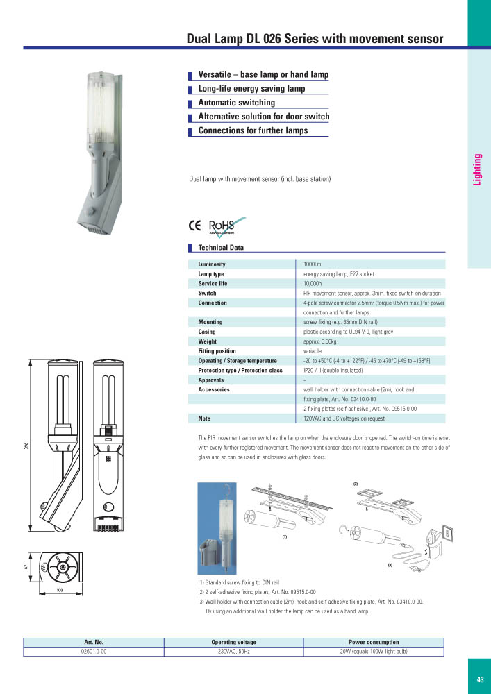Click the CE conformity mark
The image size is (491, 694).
pyautogui.click(x=195, y=225)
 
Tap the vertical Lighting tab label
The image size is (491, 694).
pyautogui.click(x=477, y=169)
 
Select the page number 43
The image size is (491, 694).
pyautogui.click(x=480, y=679)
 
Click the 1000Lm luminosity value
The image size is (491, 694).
pyautogui.click(x=313, y=264)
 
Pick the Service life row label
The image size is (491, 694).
pyautogui.click(x=213, y=284)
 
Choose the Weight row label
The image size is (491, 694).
pyautogui.click(x=207, y=341)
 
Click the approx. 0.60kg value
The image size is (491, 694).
pyautogui.click(x=320, y=341)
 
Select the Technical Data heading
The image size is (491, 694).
pyautogui.click(x=221, y=248)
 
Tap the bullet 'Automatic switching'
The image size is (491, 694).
pyautogui.click(x=236, y=103)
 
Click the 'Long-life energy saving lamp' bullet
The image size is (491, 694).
pyautogui.click(x=251, y=89)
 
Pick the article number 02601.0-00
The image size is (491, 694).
pyautogui.click(x=94, y=652)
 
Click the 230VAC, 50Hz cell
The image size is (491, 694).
pyautogui.click(x=233, y=652)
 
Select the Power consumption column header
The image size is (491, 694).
pyautogui.click(x=374, y=643)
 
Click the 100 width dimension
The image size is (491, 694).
pyautogui.click(x=60, y=591)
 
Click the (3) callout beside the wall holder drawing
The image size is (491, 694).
pyautogui.click(x=390, y=566)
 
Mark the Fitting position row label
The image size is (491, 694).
pyautogui.click(x=217, y=351)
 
